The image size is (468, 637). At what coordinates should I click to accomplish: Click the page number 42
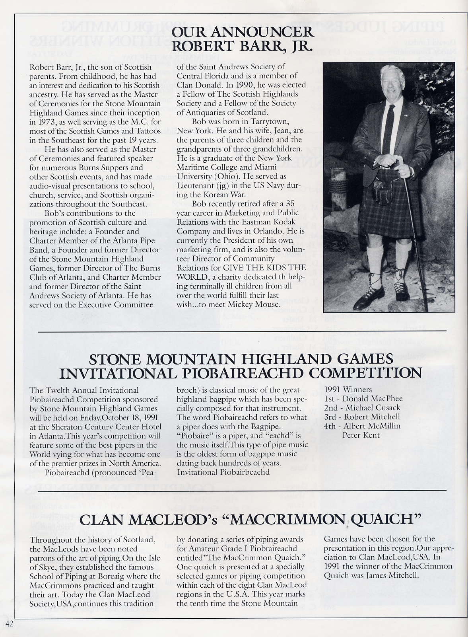[10, 623]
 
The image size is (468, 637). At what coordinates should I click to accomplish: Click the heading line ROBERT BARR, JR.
[242, 46]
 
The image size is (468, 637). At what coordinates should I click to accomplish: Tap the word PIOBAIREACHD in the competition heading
[241, 373]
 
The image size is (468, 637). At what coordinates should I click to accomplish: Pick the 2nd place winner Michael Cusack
[373, 408]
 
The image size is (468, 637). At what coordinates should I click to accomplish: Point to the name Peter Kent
[361, 435]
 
